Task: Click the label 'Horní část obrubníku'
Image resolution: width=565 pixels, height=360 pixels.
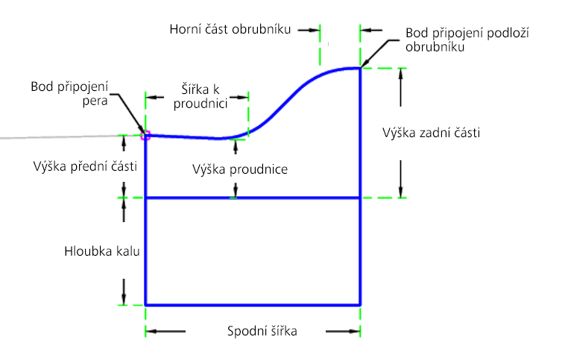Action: pos(230,29)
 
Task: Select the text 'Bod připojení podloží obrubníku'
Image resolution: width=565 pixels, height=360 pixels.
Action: pos(467,40)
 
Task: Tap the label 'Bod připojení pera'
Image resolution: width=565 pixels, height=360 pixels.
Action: pos(69,93)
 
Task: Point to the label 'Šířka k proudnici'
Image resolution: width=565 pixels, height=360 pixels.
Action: pos(201,96)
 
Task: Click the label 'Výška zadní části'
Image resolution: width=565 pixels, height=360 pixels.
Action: pos(431,133)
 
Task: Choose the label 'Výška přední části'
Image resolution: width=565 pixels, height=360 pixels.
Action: pos(85,166)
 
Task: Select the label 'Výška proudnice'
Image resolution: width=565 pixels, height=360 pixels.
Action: pos(240,169)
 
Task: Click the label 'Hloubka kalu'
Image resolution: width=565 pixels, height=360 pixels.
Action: pos(102,251)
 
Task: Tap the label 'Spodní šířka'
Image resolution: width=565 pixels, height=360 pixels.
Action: pos(262,331)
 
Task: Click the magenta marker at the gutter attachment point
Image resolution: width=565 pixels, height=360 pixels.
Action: pos(145,136)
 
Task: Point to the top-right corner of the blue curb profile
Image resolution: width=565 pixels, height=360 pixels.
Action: pos(360,68)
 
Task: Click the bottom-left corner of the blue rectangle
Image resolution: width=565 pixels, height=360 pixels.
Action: pos(145,305)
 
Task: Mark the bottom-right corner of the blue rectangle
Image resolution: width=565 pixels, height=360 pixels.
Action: pos(360,305)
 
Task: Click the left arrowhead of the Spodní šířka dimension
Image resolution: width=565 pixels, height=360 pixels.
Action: pos(150,331)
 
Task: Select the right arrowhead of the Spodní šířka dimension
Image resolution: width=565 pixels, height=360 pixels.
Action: pos(356,331)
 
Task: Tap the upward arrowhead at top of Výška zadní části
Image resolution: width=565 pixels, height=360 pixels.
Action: pos(400,73)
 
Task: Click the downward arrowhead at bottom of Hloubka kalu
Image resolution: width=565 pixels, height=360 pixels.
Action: pos(124,300)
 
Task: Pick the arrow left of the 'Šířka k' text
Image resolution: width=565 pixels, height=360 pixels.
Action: pos(154,97)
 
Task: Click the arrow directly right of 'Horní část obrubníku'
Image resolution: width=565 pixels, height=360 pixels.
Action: pos(309,31)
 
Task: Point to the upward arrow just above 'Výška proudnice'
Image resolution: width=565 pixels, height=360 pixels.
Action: pos(236,147)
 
